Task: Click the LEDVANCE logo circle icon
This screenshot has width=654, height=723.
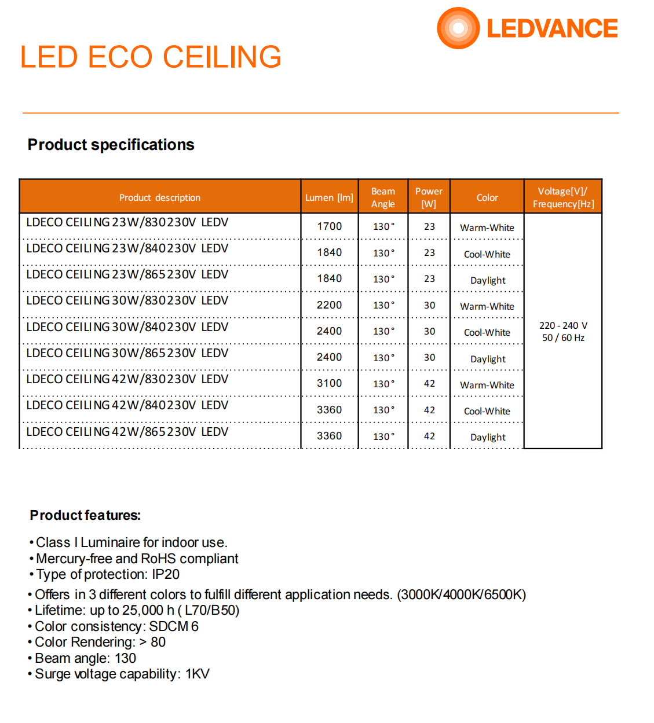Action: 458,28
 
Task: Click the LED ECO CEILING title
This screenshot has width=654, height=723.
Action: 151,57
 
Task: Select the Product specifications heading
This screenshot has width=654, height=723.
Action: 111,145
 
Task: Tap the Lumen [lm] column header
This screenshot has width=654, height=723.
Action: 329,197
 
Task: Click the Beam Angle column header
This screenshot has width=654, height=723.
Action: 383,197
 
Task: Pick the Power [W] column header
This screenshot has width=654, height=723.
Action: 429,197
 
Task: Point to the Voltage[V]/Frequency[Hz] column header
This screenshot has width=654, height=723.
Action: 563,197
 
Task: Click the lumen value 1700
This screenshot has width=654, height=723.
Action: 329,226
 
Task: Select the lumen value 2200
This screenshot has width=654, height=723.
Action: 329,305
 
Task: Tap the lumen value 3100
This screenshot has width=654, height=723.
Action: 329,383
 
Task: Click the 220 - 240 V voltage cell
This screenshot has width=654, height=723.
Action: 563,326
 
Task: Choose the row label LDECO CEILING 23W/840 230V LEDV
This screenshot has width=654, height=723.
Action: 127,248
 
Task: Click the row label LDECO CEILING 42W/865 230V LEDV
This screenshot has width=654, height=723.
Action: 127,432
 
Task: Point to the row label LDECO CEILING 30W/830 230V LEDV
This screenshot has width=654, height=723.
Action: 127,300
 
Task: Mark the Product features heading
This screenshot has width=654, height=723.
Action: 85,515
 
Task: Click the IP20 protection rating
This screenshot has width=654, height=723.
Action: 166,574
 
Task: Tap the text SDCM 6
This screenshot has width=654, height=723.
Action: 174,626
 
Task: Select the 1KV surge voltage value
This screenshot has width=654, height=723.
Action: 198,674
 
